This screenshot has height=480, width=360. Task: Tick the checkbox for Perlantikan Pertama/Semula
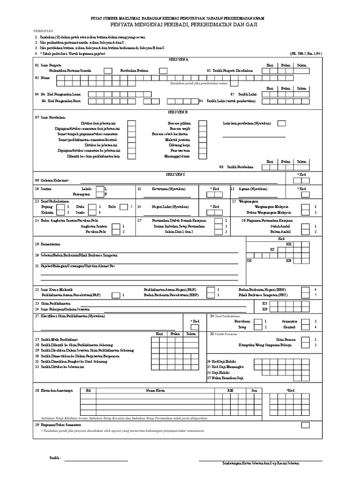[x=108, y=71]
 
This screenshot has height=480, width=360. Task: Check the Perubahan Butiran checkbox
[x=163, y=71]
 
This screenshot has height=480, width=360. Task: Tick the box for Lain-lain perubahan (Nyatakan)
[x=282, y=123]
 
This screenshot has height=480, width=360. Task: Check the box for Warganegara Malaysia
[x=305, y=207]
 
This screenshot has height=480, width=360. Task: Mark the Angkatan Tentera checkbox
[x=114, y=226]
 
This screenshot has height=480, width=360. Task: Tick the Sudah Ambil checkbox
[x=305, y=226]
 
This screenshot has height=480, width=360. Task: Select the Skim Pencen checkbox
[x=305, y=339]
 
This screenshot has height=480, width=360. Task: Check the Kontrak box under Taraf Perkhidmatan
[x=305, y=327]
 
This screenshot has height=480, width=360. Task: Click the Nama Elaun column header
[x=156, y=390]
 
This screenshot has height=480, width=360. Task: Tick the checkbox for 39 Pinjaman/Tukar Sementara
[x=305, y=424]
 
